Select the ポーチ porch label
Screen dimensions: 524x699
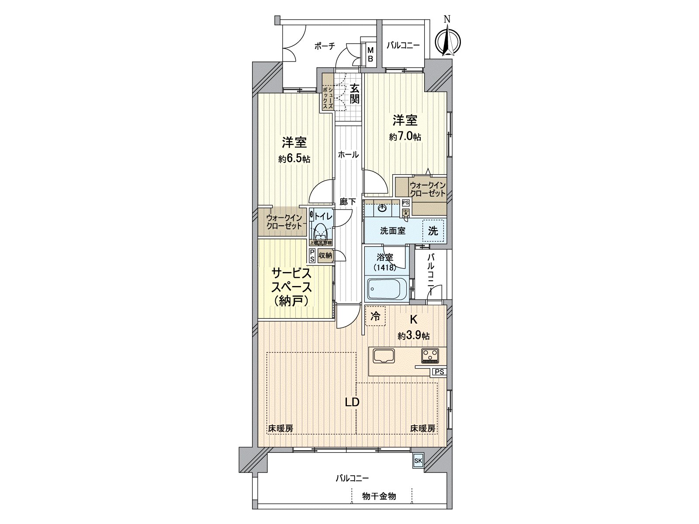324,46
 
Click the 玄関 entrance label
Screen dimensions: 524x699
355,93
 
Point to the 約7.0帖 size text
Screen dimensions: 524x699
405,137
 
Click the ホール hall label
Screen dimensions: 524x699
348,155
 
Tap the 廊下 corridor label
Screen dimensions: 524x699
348,202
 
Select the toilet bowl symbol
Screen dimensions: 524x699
320,230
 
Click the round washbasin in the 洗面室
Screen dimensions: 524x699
383,208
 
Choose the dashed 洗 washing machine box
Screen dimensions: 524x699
433,231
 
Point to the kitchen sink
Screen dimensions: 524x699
384,356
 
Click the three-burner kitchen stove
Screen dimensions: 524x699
431,356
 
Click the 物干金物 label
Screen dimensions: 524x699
379,496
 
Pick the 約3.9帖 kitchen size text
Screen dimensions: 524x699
413,336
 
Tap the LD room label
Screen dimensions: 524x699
352,402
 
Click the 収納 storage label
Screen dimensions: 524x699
325,255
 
